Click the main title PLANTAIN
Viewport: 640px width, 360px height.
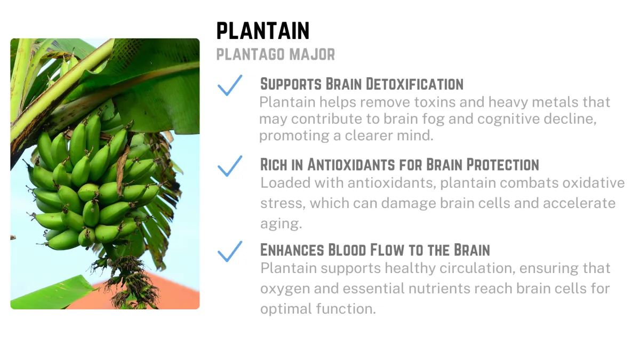[x=263, y=30]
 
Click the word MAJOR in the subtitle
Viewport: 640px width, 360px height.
[x=312, y=54]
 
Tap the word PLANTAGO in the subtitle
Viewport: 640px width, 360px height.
[x=251, y=54]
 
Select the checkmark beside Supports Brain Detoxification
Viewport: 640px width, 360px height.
[x=230, y=85]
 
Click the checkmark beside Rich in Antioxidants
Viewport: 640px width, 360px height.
[x=230, y=166]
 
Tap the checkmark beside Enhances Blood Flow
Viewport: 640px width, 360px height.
[x=230, y=251]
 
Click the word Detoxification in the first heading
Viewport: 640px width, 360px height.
[x=414, y=84]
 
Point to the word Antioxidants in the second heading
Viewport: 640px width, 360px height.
[x=351, y=165]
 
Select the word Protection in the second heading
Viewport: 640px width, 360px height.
[x=503, y=165]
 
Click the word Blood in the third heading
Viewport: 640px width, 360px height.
[x=347, y=250]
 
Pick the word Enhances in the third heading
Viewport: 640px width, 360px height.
[x=292, y=250]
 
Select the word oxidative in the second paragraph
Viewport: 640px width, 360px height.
[x=594, y=183]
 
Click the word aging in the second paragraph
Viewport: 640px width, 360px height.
[x=281, y=223]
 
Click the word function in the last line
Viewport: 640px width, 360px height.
[x=346, y=309]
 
